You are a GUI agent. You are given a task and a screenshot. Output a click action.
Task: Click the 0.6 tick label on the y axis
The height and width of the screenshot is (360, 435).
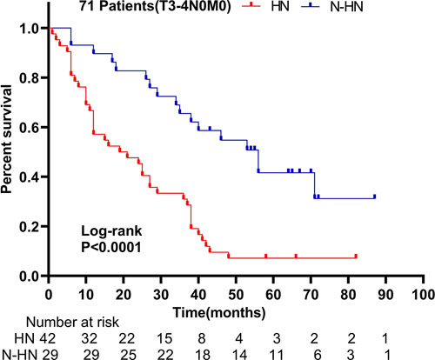click(31, 128)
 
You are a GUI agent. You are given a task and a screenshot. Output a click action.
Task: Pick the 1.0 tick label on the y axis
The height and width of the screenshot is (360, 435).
click(31, 29)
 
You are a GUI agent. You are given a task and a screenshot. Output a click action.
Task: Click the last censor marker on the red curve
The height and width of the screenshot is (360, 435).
click(356, 257)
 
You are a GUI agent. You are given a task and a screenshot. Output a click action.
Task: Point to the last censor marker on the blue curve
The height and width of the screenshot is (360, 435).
click(374, 197)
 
